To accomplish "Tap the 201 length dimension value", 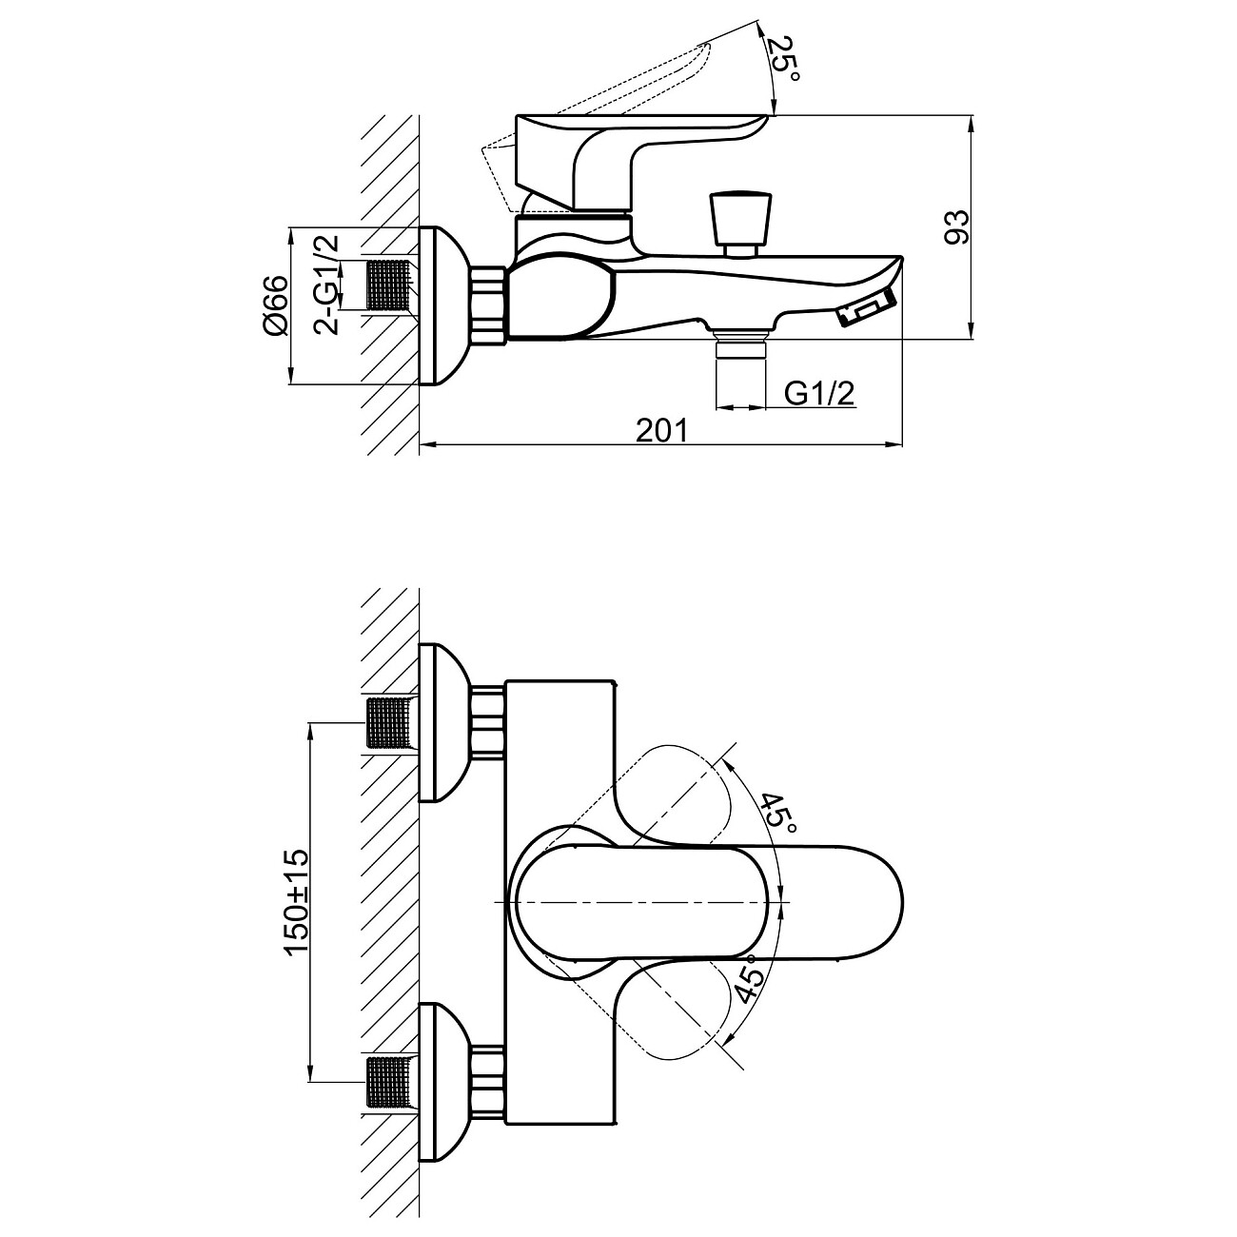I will [x=660, y=430].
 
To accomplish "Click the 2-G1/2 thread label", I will [x=327, y=285].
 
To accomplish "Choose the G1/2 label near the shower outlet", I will [x=819, y=393].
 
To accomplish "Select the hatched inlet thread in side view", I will [x=387, y=285].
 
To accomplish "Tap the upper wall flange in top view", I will [x=442, y=723].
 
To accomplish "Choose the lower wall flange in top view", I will [x=442, y=1083].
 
